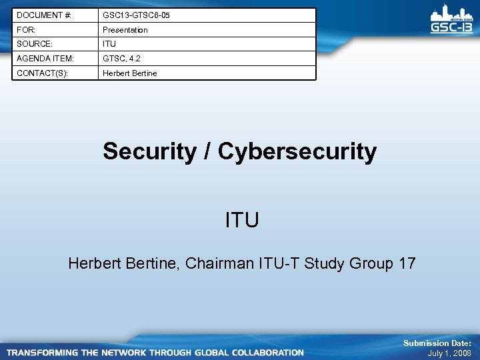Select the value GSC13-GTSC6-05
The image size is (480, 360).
(x=136, y=15)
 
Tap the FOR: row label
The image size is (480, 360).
(x=27, y=30)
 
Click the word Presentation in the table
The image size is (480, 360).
(x=125, y=30)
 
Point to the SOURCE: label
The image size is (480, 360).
(x=33, y=44)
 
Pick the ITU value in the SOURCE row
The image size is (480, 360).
(x=109, y=44)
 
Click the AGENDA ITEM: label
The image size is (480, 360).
(x=45, y=59)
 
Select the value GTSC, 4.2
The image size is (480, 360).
(x=121, y=59)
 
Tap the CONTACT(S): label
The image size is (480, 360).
(x=42, y=73)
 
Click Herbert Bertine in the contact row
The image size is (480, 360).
(x=129, y=73)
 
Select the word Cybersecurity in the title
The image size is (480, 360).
(x=297, y=151)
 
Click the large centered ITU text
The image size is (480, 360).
(x=242, y=219)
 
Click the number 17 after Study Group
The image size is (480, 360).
(x=407, y=263)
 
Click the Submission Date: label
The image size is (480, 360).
(x=437, y=343)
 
